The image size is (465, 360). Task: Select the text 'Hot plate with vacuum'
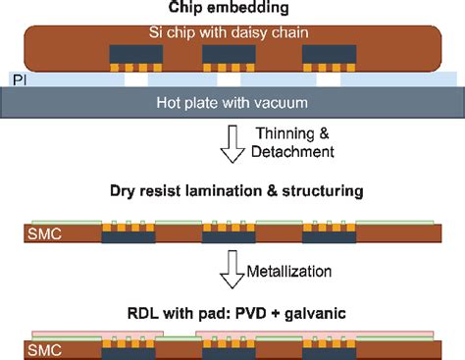click(x=232, y=102)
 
